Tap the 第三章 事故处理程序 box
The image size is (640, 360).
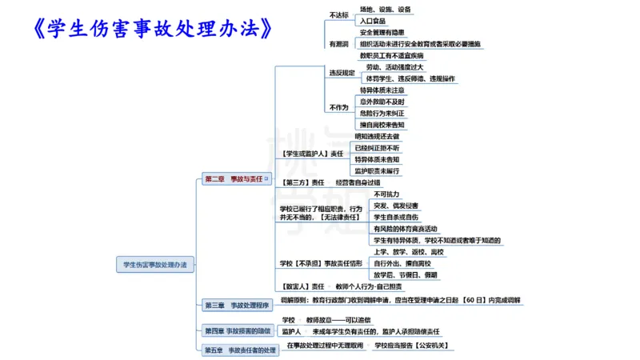coord(236,305)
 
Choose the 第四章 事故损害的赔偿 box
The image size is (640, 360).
coord(237,330)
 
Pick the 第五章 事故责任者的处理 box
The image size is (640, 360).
coord(239,350)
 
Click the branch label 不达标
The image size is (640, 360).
coord(338,15)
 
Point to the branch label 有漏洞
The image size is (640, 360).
coord(338,44)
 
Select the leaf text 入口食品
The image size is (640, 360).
coord(374,21)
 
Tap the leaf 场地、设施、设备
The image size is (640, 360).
coord(386,10)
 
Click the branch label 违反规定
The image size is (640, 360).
coord(341,73)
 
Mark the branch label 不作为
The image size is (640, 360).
coord(338,107)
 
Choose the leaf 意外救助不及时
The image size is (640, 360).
coord(382,102)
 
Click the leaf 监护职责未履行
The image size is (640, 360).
coord(378,170)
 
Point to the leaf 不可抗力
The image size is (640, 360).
coord(386,194)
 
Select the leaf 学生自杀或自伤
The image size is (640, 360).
coord(396,217)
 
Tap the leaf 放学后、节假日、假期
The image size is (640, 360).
coord(405,274)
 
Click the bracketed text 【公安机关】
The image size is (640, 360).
coord(431,346)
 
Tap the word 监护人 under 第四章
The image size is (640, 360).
coord(291,330)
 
